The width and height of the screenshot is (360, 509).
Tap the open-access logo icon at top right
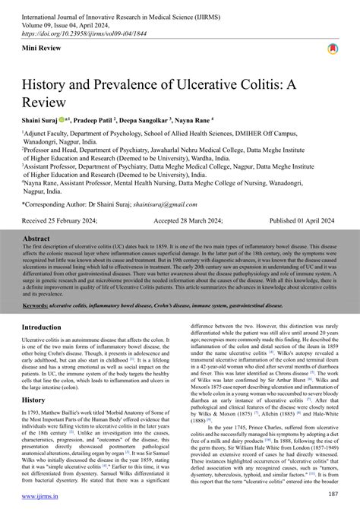(x=332, y=49)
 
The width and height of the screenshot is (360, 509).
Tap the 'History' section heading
(x=35, y=400)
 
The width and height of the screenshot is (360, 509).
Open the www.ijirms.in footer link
(x=43, y=498)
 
